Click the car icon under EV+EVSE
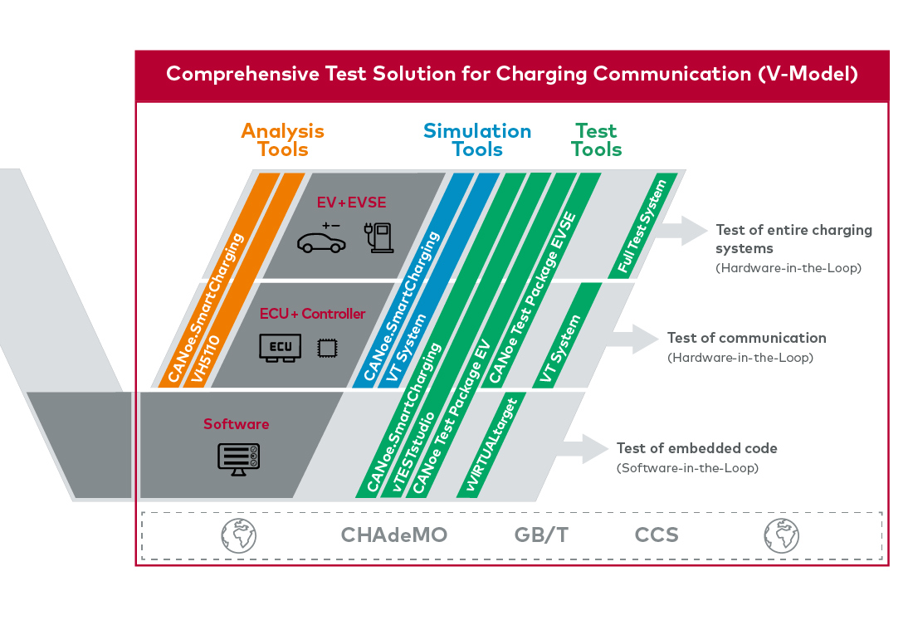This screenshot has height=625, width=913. point(321,239)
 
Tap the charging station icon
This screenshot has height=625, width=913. point(379,237)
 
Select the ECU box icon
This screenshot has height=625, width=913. point(280,348)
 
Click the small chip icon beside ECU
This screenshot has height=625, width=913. point(327,349)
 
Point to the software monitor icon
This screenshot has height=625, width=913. point(239,459)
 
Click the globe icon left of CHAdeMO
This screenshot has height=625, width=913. point(239,535)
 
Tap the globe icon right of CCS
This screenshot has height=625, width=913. point(781,535)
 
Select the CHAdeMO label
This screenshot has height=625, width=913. point(394,535)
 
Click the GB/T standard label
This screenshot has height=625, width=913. point(541,535)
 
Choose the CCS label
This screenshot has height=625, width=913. point(657,535)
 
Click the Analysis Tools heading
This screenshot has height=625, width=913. point(283,139)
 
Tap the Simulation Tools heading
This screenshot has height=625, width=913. point(477,139)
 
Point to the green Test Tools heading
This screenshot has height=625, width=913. point(596,139)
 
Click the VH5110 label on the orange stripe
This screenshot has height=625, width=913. point(206,359)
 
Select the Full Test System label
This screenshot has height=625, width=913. point(642,227)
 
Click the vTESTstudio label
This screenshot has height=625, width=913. point(414,452)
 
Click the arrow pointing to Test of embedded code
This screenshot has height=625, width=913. point(584,448)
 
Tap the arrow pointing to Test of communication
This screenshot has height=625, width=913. point(634,339)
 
